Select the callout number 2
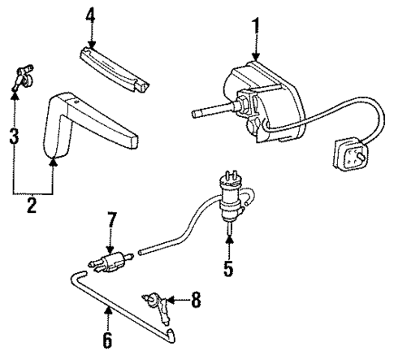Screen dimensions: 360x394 tap(31, 206)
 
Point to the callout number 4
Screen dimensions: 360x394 tap(91, 15)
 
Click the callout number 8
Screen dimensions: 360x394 tap(196, 301)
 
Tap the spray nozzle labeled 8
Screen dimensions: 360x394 tap(157, 304)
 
